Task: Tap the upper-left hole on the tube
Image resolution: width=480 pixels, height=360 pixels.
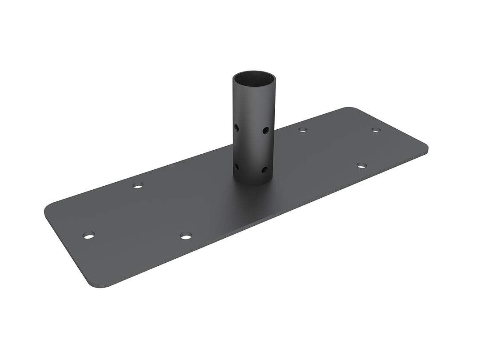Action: pos(236,128)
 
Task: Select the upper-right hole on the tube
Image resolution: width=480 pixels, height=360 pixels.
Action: pos(265,130)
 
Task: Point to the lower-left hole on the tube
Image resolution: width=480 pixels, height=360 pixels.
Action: pos(236,167)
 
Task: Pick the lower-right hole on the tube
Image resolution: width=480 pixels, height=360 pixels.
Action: pos(265,169)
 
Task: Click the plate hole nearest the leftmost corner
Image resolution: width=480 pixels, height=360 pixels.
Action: pos(89,235)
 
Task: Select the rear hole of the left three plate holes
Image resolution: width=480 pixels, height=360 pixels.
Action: pos(138,185)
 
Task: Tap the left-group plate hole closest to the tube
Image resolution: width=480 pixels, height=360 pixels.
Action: pos(186,236)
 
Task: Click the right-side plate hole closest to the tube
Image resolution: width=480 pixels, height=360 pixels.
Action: pos(303,130)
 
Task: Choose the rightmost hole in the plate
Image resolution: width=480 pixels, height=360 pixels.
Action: pos(376,130)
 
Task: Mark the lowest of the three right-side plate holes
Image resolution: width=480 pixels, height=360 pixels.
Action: pos(361,166)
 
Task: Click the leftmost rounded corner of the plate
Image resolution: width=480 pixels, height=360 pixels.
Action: pos(48,209)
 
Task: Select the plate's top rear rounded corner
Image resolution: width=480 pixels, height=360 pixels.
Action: pos(349,109)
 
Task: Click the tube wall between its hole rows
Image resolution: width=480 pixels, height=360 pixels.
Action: pos(252,149)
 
